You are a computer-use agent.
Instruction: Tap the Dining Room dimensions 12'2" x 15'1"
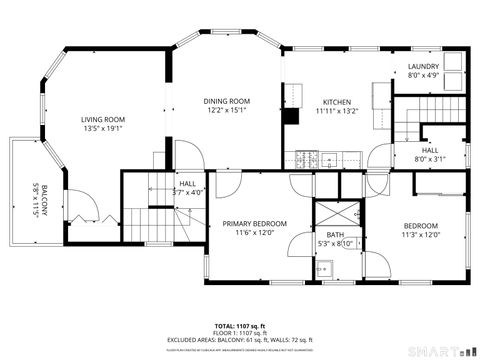[226, 110]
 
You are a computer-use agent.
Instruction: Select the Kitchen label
[335, 102]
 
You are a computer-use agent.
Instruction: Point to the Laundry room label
[423, 67]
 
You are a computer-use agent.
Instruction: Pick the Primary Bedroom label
[254, 223]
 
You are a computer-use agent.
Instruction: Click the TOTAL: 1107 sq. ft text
[239, 326]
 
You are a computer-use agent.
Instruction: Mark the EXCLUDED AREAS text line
[239, 340]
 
